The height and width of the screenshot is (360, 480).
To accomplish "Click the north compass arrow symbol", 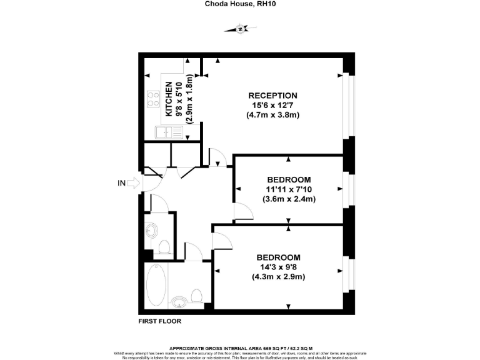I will pos(239,28).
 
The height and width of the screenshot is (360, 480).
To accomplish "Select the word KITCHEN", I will pos(169,100).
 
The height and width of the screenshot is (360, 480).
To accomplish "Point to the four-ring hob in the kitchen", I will pos(152,99).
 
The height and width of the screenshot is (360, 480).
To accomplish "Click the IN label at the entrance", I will pos(121,183).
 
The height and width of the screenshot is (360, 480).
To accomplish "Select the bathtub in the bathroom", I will pos(156,284).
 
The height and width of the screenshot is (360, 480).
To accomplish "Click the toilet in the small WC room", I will pos(165,247).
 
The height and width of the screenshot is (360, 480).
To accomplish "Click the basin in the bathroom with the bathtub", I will pos(179,302).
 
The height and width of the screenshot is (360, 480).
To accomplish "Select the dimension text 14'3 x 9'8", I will pos(278,267).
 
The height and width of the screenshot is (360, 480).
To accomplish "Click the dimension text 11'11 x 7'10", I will pos(288,189).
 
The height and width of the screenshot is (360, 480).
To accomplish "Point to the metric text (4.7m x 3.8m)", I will pos(272,115).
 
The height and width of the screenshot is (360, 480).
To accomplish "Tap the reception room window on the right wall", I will pos(349,106).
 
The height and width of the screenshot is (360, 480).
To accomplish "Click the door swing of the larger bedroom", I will pos(221,241).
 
